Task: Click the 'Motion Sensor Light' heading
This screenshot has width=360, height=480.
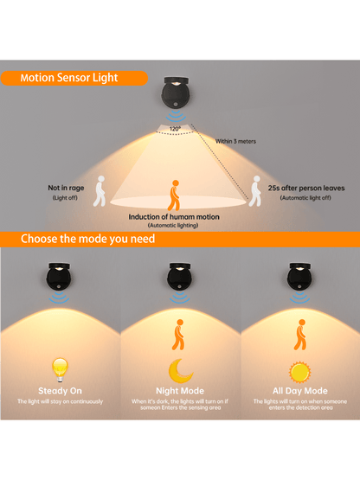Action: tap(69, 78)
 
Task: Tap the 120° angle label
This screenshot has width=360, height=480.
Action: tap(175, 129)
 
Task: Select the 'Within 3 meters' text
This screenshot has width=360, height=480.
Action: tap(235, 141)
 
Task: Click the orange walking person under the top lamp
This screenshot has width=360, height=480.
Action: tap(174, 195)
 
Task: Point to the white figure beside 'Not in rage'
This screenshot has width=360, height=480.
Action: tap(100, 191)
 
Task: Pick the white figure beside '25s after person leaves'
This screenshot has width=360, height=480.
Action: tap(255, 191)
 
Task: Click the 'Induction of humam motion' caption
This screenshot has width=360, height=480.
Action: tap(174, 217)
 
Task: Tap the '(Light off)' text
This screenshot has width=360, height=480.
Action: tap(65, 198)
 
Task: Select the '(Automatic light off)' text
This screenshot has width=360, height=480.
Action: tap(305, 198)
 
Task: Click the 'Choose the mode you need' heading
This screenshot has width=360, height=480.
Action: tap(87, 239)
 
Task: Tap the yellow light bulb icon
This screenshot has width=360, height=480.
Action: tap(60, 370)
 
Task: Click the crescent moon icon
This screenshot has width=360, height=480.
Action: tap(180, 371)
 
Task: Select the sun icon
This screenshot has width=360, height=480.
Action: tap(300, 372)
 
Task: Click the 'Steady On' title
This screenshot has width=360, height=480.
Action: tap(60, 391)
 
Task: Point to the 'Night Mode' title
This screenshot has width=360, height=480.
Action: tap(180, 391)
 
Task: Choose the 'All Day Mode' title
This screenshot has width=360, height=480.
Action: tap(300, 391)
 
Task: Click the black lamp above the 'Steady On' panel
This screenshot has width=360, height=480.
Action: tap(59, 277)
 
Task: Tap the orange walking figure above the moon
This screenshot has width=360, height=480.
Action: tap(178, 335)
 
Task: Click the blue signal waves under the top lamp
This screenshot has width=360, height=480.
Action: tap(176, 117)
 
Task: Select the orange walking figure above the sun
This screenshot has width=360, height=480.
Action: tap(300, 335)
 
